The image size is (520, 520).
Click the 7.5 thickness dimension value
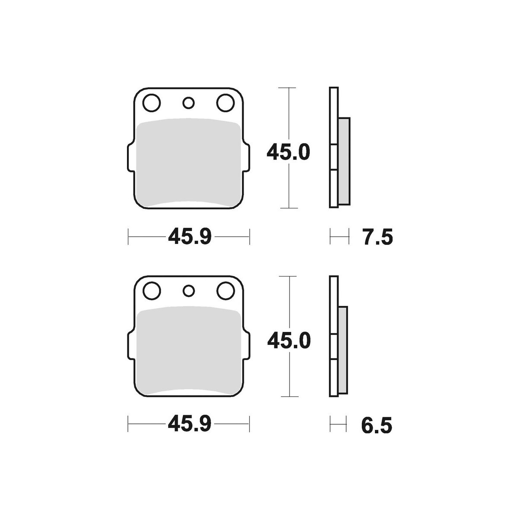tap(377, 237)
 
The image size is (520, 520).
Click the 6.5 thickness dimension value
tap(377, 426)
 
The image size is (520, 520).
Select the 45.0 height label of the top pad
tap(288, 152)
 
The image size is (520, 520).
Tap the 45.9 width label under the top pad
tap(190, 237)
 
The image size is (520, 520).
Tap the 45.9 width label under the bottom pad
tap(189, 425)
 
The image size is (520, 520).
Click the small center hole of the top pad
tap(188, 103)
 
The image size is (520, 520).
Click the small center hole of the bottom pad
tap(188, 291)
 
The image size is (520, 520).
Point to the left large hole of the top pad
tap(152, 103)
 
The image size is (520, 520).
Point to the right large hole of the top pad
tap(225, 103)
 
